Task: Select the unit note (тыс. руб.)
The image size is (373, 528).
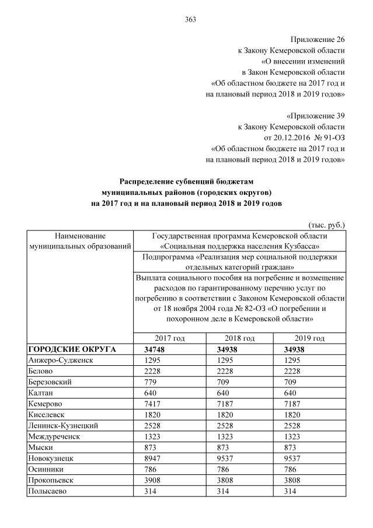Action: [326, 224]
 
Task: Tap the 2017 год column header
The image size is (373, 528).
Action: [170, 338]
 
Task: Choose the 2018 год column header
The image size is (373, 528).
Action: [240, 338]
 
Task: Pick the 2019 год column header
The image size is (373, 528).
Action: [310, 338]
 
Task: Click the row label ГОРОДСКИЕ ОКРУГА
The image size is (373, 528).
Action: [72, 349]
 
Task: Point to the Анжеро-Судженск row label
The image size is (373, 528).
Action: [61, 360]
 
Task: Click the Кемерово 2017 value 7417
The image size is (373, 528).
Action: [154, 404]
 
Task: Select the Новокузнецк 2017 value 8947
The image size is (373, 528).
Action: [154, 458]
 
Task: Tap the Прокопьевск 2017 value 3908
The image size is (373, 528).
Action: [154, 480]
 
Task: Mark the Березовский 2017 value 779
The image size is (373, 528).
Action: [151, 382]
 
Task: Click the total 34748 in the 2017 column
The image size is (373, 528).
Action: [156, 349]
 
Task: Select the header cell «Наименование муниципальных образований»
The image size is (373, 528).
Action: [79, 241]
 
